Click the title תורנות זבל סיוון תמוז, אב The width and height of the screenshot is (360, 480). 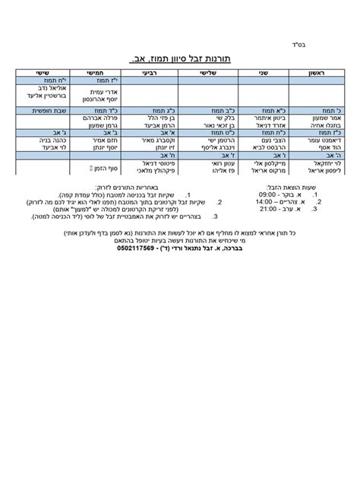[x=181, y=58]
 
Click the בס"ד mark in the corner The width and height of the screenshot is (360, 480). [x=325, y=43]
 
